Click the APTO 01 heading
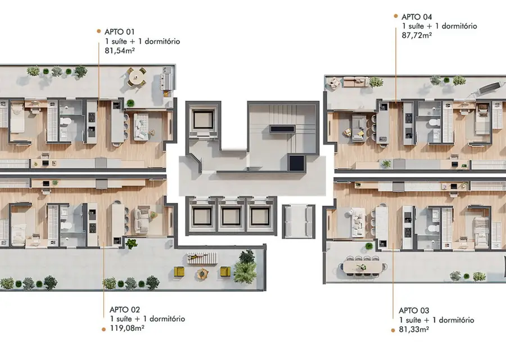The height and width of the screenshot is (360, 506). (119, 31)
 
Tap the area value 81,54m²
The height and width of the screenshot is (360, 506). (119, 51)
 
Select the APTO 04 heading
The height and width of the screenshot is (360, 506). (417, 17)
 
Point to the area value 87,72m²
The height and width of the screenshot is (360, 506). (417, 35)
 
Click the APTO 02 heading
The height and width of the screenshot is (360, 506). (125, 309)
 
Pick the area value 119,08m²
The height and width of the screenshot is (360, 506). (127, 328)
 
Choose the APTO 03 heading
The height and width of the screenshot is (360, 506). (414, 310)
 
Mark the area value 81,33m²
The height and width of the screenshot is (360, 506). (414, 329)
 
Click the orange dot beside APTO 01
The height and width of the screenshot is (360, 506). (99, 31)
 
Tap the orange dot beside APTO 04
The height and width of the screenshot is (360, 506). (396, 16)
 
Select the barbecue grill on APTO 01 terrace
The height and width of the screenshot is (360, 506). (168, 79)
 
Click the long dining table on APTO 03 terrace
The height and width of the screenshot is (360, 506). (363, 267)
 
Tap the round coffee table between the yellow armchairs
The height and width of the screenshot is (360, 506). (202, 273)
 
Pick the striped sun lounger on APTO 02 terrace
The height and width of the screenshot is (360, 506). (202, 258)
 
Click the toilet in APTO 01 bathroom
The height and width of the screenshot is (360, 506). (66, 121)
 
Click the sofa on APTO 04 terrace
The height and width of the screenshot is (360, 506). (355, 82)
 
